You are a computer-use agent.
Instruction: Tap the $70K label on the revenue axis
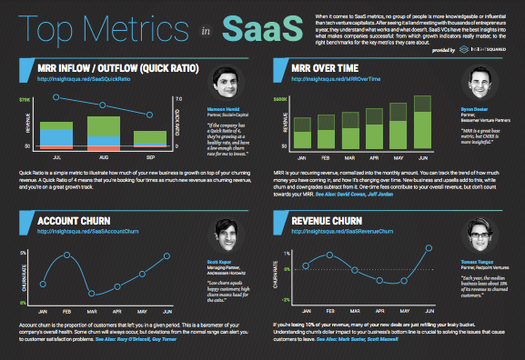pos(25,98)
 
